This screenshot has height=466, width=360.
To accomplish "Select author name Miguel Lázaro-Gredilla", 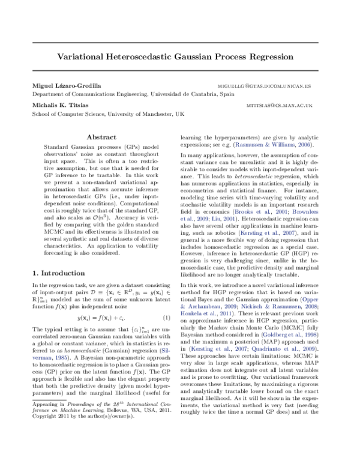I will tap(67, 86).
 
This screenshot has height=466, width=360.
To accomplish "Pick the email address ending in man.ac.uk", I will tap(280, 104).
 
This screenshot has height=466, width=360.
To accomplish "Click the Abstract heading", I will tap(101, 138).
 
